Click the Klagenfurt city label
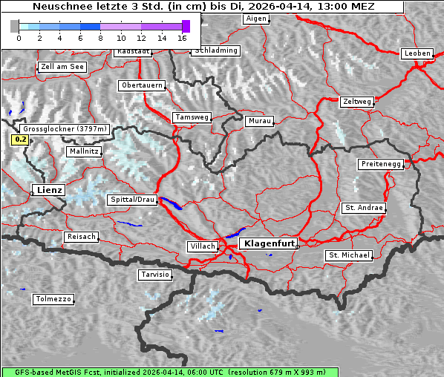pyautogui.click(x=270, y=243)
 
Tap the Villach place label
pyautogui.click(x=202, y=246)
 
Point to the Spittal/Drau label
pyautogui.click(x=133, y=200)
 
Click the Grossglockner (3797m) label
pyautogui.click(x=66, y=129)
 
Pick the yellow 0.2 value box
pyautogui.click(x=21, y=140)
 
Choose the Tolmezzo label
pyautogui.click(x=53, y=300)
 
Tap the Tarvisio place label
pyautogui.click(x=155, y=275)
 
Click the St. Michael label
pyautogui.click(x=348, y=255)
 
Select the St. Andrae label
pyautogui.click(x=364, y=208)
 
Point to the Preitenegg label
pyautogui.click(x=381, y=164)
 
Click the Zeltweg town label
pyautogui.click(x=357, y=102)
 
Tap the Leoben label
pyautogui.click(x=417, y=53)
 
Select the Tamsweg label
pyautogui.click(x=192, y=117)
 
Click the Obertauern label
pyautogui.click(x=142, y=85)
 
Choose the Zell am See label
pyautogui.click(x=62, y=67)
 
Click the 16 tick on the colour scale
pyautogui.click(x=182, y=37)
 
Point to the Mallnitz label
pyautogui.click(x=84, y=151)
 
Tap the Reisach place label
pyautogui.click(x=82, y=237)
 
